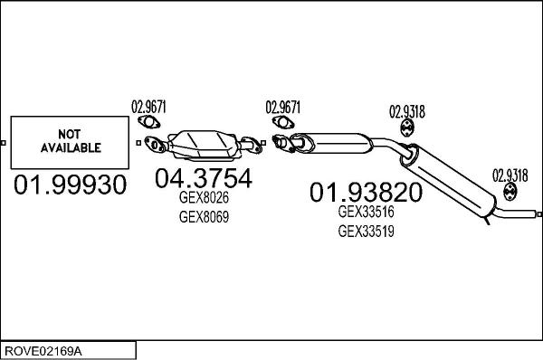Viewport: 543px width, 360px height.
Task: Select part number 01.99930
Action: coord(69,186)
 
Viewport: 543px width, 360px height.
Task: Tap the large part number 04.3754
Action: coord(203,179)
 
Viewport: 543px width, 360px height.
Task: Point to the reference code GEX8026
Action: coord(204,199)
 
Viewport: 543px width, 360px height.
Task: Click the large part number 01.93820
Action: coord(366,192)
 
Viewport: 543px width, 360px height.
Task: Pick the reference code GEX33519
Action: coord(367,230)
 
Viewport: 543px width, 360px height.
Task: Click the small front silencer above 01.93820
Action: coord(335,142)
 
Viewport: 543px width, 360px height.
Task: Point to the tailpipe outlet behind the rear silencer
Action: coord(520,215)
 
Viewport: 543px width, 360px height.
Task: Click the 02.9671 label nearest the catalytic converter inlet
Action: coord(150,105)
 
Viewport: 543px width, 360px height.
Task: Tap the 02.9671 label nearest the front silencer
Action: coord(283,106)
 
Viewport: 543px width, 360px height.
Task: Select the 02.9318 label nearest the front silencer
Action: coord(407,113)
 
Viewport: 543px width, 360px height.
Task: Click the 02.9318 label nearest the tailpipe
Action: coord(510,175)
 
